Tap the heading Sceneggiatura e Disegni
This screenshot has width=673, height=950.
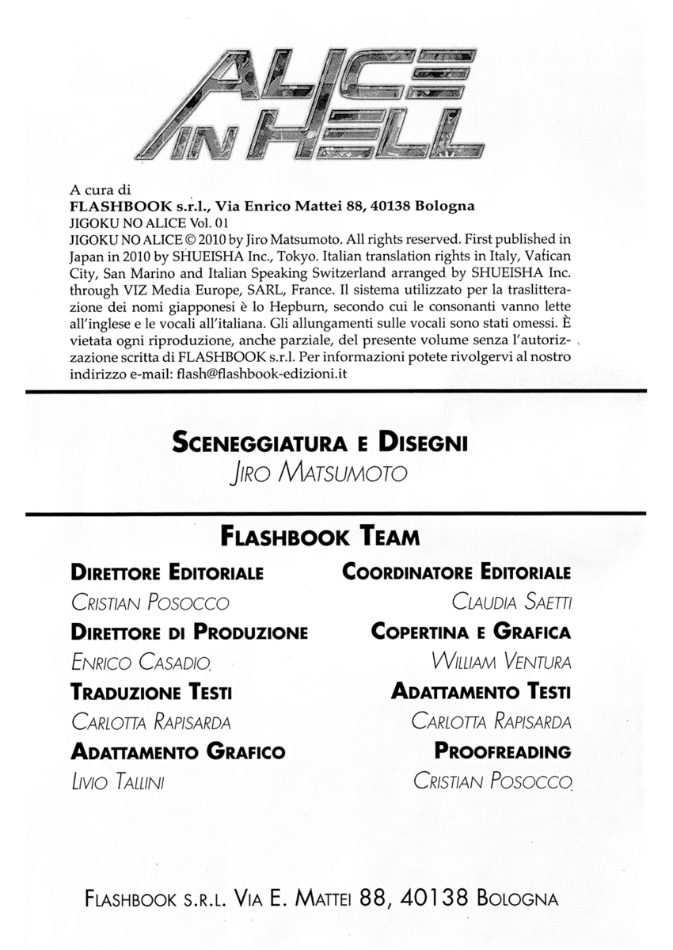319,442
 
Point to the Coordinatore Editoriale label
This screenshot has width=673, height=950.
456,572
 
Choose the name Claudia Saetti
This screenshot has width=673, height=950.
511,602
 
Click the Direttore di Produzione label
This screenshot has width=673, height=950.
189,633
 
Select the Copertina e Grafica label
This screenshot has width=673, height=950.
471,633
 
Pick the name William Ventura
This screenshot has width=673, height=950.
501,662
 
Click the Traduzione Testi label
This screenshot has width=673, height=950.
151,692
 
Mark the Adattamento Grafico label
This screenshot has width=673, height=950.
178,751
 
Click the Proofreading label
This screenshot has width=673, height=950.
503,751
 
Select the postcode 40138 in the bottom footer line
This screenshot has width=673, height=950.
436,899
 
